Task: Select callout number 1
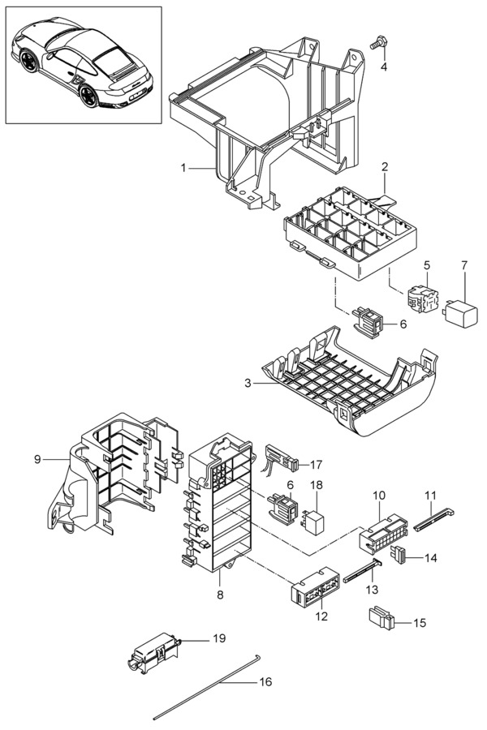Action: tap(183, 168)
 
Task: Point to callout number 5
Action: tap(427, 266)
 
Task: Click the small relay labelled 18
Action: tap(315, 522)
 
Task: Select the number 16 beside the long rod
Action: tap(265, 682)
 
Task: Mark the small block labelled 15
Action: tap(381, 618)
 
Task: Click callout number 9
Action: tap(37, 460)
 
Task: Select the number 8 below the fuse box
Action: tap(221, 595)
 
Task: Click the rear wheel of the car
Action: tap(88, 97)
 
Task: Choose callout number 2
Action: tap(385, 166)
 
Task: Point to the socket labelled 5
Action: tap(423, 298)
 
